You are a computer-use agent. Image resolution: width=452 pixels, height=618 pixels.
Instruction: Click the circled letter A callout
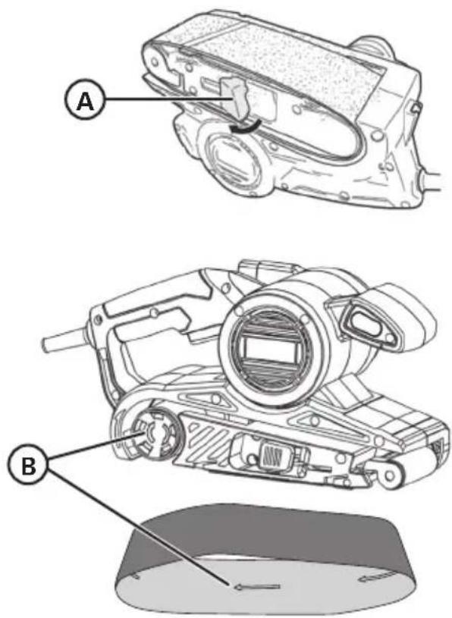pyautogui.click(x=83, y=102)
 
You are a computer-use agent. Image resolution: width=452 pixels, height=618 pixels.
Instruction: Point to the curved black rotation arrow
pyautogui.click(x=246, y=127)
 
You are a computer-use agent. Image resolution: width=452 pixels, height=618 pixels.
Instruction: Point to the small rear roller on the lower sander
pyautogui.click(x=388, y=474)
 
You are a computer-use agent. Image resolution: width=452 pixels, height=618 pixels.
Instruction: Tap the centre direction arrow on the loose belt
pyautogui.click(x=257, y=587)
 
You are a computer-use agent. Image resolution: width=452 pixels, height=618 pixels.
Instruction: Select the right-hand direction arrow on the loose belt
pyautogui.click(x=376, y=578)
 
